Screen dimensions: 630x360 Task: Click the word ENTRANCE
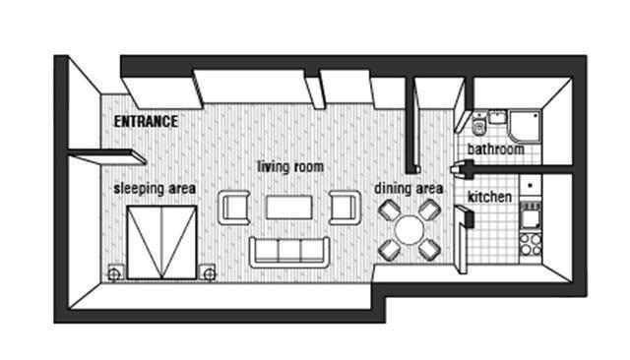[146, 121]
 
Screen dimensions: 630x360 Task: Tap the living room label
[290, 166]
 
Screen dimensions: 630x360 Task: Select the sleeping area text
[155, 189]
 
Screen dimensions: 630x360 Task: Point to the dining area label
[409, 188]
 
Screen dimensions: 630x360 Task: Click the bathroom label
[496, 150]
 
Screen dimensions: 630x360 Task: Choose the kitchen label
[490, 197]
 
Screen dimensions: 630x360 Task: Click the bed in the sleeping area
[161, 243]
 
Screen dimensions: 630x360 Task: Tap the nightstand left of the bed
[114, 273]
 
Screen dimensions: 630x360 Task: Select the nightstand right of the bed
[209, 273]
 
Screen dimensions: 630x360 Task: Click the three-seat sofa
[289, 253]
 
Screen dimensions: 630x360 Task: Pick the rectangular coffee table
[289, 208]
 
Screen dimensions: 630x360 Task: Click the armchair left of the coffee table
[234, 208]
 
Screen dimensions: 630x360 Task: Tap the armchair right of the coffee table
[345, 208]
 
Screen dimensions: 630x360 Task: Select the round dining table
[409, 230]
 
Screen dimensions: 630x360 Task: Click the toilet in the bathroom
[479, 125]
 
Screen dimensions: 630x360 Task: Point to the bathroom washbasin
[497, 117]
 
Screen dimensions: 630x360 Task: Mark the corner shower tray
[525, 127]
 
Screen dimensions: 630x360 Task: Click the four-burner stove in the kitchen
[531, 244]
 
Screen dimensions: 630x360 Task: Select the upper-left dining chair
[390, 210]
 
